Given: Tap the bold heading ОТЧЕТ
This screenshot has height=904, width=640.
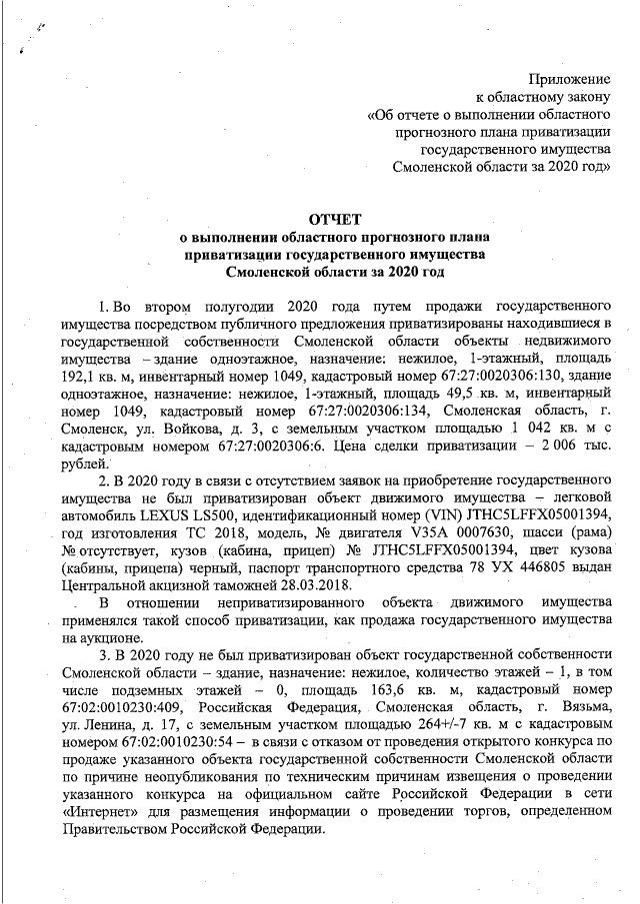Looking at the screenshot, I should pos(336,219).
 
